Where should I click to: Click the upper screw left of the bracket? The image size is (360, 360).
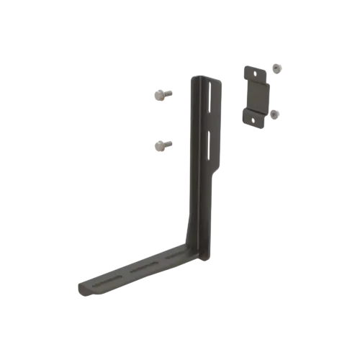pyautogui.click(x=161, y=94)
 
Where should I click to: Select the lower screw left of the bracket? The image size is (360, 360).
pyautogui.click(x=161, y=145)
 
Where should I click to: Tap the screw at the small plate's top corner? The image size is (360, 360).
pyautogui.click(x=278, y=69)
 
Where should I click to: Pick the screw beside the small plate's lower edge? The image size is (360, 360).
pyautogui.click(x=274, y=114)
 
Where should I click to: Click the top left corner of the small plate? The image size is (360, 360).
pyautogui.click(x=243, y=66)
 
